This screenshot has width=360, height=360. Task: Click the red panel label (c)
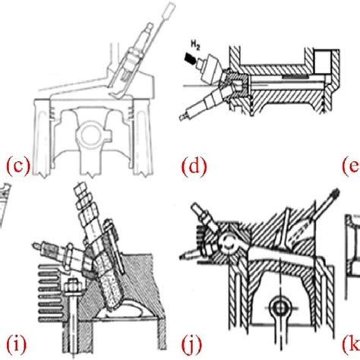(18, 166)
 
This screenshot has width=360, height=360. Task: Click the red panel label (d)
(194, 165)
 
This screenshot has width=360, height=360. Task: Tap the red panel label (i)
(17, 343)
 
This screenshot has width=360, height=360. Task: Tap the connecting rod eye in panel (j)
(279, 308)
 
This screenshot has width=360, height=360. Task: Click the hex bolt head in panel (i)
(72, 285)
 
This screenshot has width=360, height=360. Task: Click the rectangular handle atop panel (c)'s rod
(169, 10)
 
